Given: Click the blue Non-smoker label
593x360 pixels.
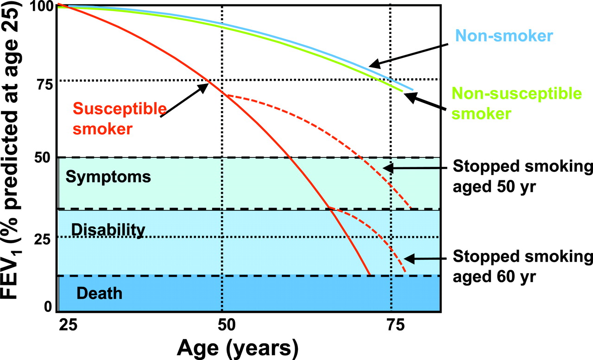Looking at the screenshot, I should pyautogui.click(x=502, y=36).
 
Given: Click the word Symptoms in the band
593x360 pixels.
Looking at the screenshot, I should pyautogui.click(x=108, y=177).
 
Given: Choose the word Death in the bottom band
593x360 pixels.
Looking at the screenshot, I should pyautogui.click(x=99, y=293).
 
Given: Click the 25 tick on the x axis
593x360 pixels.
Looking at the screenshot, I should pyautogui.click(x=69, y=325).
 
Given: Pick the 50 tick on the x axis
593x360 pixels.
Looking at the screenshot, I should pyautogui.click(x=223, y=325).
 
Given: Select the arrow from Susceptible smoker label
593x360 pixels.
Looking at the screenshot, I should pyautogui.click(x=184, y=100).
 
